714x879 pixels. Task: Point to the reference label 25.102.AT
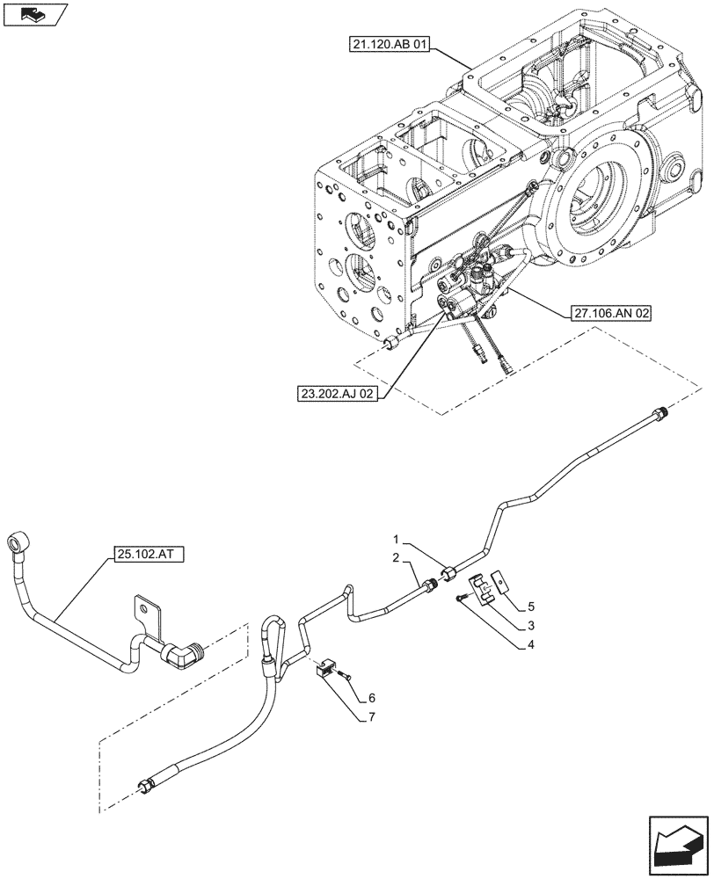149,555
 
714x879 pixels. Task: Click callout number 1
397,539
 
